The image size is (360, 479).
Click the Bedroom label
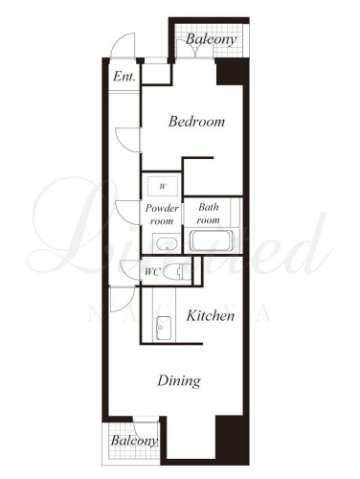click(196, 122)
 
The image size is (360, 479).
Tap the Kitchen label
click(211, 316)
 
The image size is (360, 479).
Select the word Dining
click(179, 381)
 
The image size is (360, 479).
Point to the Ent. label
click(124, 77)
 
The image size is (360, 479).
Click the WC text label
click(152, 272)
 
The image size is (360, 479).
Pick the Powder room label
click(162, 215)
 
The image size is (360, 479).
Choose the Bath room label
click(209, 214)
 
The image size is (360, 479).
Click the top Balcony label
click(211, 39)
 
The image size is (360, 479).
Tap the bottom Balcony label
click(134, 441)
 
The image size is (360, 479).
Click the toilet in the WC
click(177, 272)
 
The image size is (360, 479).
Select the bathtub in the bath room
click(212, 240)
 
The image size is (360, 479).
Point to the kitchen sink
click(164, 328)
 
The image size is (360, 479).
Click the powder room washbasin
click(167, 244)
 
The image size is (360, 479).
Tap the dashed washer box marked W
click(163, 186)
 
